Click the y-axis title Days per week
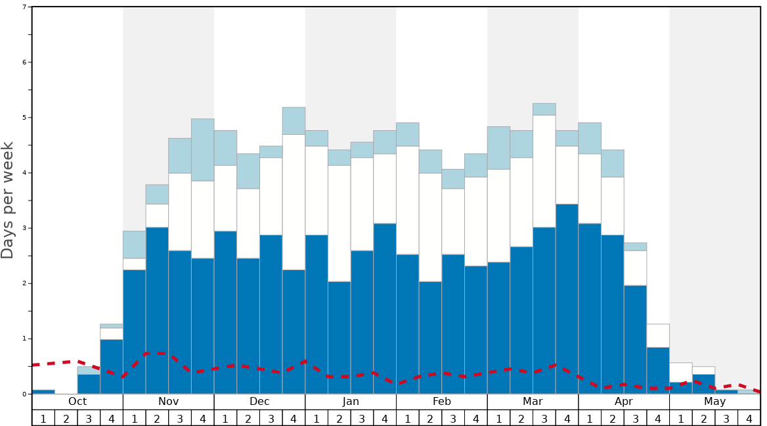[x=8, y=201]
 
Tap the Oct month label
[x=77, y=402]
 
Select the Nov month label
[x=168, y=402]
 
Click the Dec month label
[x=259, y=402]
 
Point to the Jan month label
[x=351, y=402]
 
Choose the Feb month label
[x=442, y=402]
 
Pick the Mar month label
[x=533, y=402]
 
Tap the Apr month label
[x=624, y=402]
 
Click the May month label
[x=715, y=402]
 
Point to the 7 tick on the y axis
[x=24, y=7]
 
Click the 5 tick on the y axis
[x=24, y=118]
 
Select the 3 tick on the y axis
[x=24, y=228]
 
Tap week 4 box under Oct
[x=112, y=418]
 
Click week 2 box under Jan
[x=340, y=418]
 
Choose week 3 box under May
[x=726, y=418]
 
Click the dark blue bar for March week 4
[x=567, y=299]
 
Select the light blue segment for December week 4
[x=294, y=120]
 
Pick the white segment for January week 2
[x=340, y=224]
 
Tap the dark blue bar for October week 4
[x=112, y=366]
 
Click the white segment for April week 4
[x=658, y=335]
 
